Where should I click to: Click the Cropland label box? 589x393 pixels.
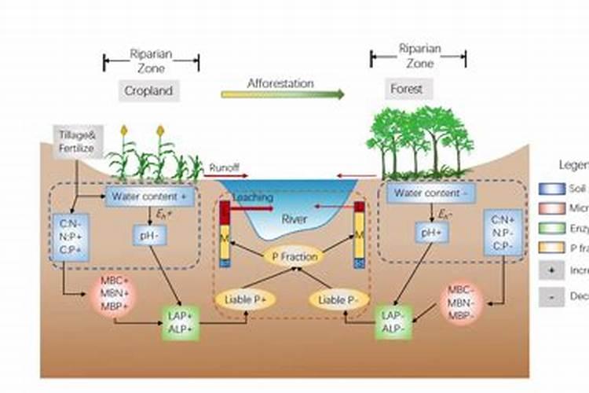coord(148,90)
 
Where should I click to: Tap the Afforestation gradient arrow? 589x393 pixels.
coord(283,94)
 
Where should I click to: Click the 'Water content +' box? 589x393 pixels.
coord(150,196)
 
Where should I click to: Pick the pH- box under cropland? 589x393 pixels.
coord(148,233)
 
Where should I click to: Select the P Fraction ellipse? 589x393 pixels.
coord(294,256)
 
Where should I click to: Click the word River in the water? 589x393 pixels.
coord(294,219)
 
